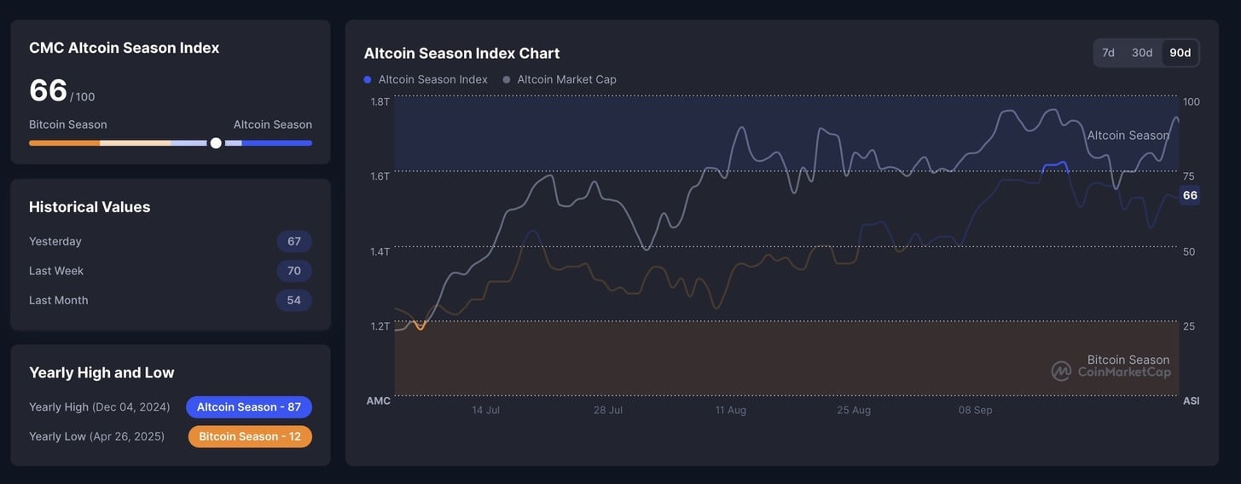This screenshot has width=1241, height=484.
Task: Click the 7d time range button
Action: click(1108, 53)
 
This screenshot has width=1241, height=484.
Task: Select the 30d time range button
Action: click(1142, 53)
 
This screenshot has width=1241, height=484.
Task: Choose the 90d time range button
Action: click(1180, 53)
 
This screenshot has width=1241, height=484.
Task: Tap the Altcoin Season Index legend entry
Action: click(426, 79)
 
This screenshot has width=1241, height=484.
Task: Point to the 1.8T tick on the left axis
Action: click(380, 101)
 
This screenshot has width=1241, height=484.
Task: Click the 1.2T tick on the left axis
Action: click(380, 326)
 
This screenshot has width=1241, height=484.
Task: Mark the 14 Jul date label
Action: click(486, 410)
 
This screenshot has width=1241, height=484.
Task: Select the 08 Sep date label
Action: click(975, 410)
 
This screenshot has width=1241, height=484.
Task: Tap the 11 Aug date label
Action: click(731, 410)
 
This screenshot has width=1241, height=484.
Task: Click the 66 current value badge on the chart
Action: click(1190, 195)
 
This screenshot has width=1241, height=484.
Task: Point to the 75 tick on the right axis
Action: click(1189, 176)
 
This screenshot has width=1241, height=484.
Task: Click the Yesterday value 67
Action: click(294, 241)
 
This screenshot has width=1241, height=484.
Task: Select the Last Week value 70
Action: click(294, 271)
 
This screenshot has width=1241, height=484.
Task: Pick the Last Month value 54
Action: click(294, 300)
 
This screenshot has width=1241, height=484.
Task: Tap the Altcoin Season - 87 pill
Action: click(249, 407)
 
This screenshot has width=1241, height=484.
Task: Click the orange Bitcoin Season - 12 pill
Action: click(250, 436)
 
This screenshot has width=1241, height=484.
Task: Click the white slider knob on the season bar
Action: click(216, 143)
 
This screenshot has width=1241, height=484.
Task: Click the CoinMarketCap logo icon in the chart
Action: click(1061, 372)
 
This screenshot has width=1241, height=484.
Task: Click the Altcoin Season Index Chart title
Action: click(461, 53)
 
